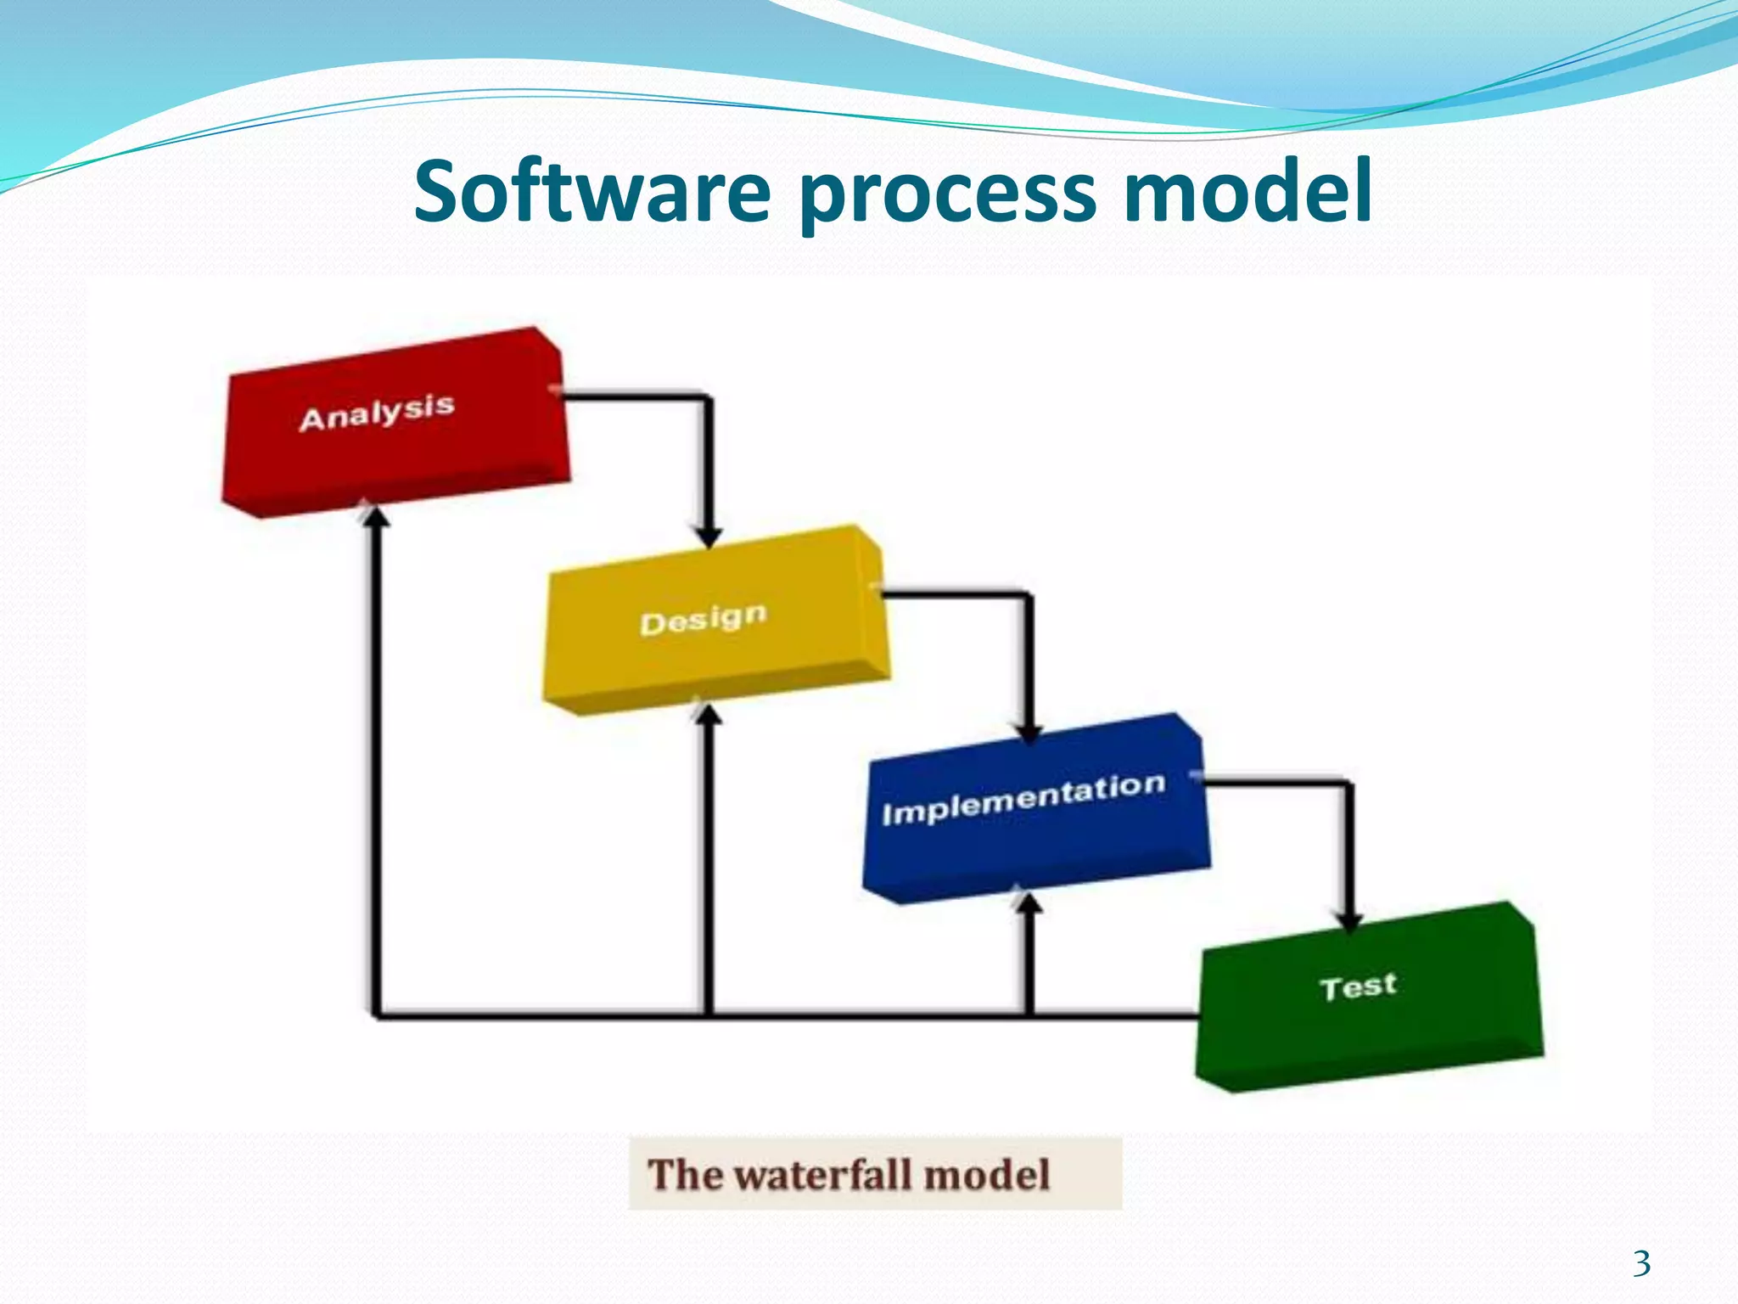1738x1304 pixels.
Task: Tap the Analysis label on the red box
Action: click(377, 413)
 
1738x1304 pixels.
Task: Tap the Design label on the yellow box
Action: click(703, 619)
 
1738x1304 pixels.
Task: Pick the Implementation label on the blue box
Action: click(1023, 799)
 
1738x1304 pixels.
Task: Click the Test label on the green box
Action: click(1358, 986)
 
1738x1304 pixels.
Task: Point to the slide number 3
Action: click(1641, 1263)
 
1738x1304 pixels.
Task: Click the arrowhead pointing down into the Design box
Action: click(708, 537)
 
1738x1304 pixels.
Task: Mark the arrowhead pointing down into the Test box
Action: click(1348, 922)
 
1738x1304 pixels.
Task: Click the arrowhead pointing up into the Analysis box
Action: click(376, 514)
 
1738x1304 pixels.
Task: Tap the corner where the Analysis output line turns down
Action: click(708, 397)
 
